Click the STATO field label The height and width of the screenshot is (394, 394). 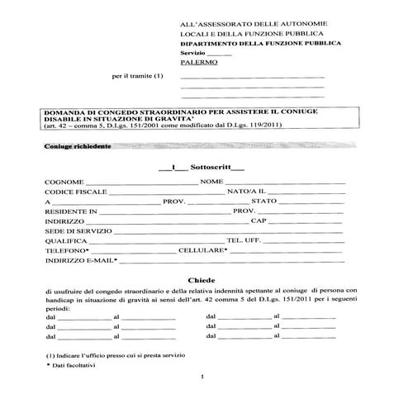pos(263,201)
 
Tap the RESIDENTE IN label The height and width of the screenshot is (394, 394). pos(72,211)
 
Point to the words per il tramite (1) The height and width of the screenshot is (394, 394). pos(138,76)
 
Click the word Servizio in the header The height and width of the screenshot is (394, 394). pos(191,51)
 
